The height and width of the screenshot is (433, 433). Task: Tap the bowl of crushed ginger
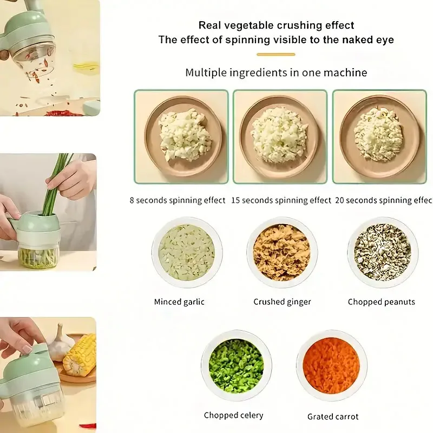point(282,252)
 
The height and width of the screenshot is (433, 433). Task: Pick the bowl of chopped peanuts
point(383,252)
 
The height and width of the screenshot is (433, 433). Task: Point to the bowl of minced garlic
point(187,252)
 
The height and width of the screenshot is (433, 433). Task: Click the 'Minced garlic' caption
point(179,302)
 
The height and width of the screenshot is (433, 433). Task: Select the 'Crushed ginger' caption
point(282,302)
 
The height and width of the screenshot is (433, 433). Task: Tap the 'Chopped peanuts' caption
point(382,302)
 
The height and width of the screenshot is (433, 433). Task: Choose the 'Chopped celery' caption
point(234,415)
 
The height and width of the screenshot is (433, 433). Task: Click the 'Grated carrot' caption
point(333,416)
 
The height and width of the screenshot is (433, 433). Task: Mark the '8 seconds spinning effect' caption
point(178,200)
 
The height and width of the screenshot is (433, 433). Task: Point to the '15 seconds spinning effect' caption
point(281,200)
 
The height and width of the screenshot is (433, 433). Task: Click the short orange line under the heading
point(276,55)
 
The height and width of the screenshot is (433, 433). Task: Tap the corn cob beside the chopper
point(80,355)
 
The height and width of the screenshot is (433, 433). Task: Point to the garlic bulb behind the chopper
point(61,343)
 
